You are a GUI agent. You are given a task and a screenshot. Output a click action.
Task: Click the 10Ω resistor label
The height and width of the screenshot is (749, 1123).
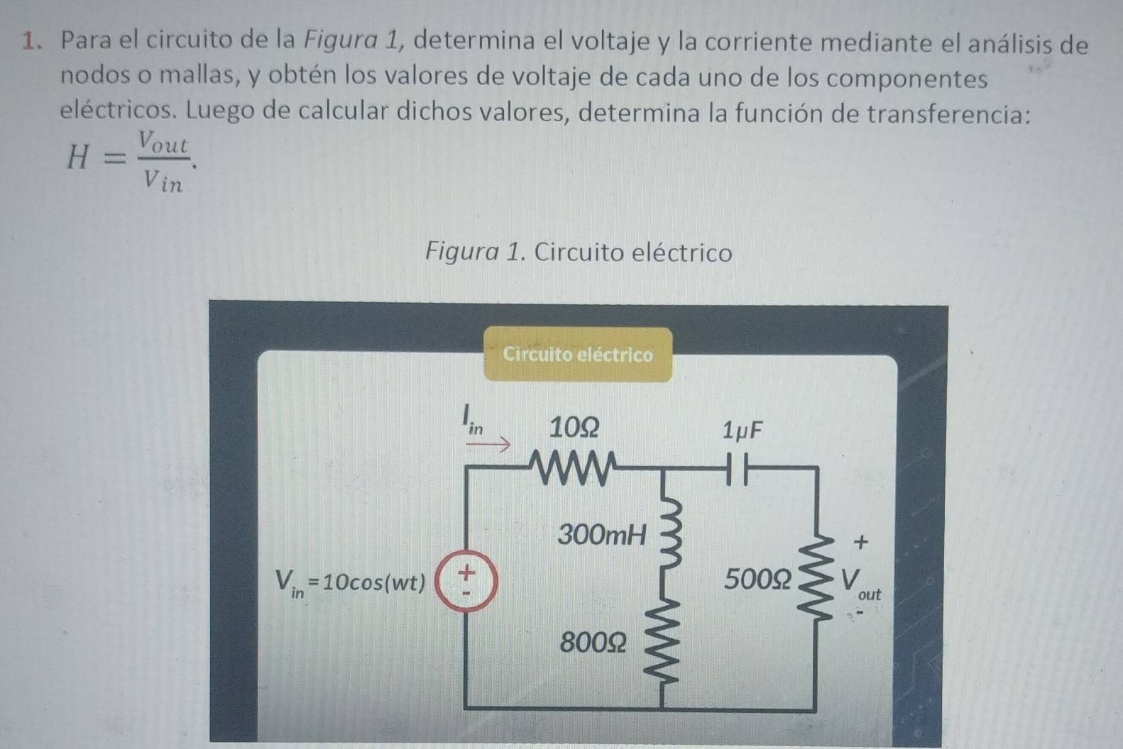(x=574, y=428)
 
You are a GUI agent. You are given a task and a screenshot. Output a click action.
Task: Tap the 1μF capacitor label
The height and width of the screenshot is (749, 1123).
(x=743, y=431)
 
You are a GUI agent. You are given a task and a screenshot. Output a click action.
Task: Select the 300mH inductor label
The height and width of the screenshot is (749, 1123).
(x=602, y=535)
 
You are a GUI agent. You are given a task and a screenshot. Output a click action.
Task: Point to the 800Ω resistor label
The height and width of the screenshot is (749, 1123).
(x=593, y=643)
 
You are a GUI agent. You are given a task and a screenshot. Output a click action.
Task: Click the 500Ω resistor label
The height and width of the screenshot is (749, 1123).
(x=757, y=579)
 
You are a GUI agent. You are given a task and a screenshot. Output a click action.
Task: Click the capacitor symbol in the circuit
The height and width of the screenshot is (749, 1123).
(x=738, y=469)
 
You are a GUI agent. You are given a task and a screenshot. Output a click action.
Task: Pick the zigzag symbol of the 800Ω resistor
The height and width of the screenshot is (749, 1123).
(x=664, y=643)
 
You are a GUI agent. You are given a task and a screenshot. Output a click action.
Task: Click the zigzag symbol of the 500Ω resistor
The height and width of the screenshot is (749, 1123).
(x=816, y=579)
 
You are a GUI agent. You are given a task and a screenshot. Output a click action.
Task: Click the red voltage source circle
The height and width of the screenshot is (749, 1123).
(x=466, y=581)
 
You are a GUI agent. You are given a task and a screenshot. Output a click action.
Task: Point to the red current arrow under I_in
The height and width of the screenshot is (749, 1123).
(x=488, y=444)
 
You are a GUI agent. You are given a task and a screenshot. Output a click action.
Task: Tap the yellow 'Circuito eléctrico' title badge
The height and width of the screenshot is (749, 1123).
(x=578, y=355)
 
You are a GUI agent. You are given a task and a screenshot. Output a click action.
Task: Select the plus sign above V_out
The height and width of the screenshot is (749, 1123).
(x=861, y=542)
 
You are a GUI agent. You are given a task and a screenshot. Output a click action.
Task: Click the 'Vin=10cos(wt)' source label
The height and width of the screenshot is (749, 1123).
(x=350, y=584)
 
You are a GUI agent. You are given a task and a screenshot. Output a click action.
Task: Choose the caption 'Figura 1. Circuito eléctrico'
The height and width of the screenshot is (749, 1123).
(x=579, y=252)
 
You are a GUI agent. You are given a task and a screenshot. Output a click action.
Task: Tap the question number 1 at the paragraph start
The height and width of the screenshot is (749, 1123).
(x=31, y=41)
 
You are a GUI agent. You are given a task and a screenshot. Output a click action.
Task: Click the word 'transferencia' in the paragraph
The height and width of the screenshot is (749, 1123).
(x=948, y=113)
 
